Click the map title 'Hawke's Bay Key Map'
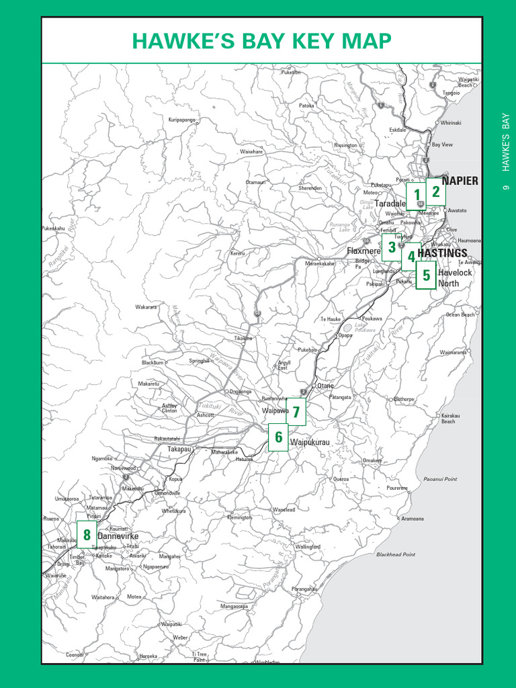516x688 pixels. pos(261,41)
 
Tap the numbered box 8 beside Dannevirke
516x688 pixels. pos(87,535)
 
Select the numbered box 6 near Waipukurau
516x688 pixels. pos(278,437)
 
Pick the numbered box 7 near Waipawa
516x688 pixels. pos(296,411)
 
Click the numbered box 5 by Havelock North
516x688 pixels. pos(425,275)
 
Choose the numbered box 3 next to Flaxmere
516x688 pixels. pos(391,247)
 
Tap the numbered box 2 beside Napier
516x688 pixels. pos(435,191)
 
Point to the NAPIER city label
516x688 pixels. pos(460,181)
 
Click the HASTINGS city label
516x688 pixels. pos(442,253)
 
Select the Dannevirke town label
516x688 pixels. pos(118,536)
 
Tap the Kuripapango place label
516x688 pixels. pos(181,120)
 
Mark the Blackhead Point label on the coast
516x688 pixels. pos(396,554)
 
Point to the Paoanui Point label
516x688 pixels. pos(440,479)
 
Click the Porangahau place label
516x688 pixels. pos(304,589)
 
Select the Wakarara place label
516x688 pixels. pos(146,307)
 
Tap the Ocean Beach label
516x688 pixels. pos(460,314)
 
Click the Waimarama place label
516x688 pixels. pos(453,352)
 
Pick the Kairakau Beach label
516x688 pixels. pos(449,419)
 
